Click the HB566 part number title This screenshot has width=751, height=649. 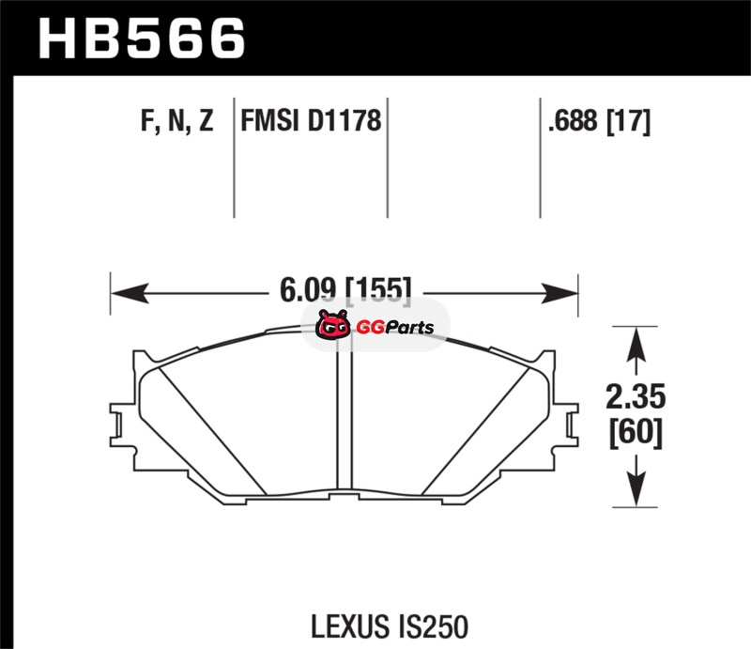(x=142, y=39)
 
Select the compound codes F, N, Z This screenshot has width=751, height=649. (x=176, y=120)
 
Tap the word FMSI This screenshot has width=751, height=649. (x=270, y=120)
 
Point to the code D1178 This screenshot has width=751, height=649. (x=345, y=120)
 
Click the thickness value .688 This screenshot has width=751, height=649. (x=573, y=120)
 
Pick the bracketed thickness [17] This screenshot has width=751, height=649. (x=629, y=121)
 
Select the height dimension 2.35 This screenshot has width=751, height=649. (x=636, y=397)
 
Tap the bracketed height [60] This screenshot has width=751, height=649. (x=636, y=433)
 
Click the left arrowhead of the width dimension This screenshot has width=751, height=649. (x=130, y=293)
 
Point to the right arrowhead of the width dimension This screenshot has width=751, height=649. (x=559, y=293)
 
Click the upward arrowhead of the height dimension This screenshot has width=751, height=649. (x=636, y=345)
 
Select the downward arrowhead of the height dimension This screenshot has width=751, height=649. (x=636, y=488)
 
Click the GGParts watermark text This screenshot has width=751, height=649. (x=395, y=328)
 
